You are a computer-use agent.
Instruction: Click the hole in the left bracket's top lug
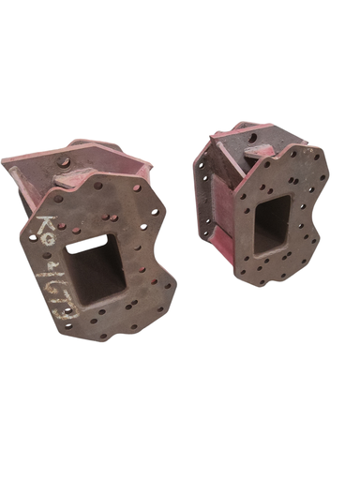coord(65,161)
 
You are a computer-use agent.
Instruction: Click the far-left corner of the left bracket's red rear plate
coord(5,160)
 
